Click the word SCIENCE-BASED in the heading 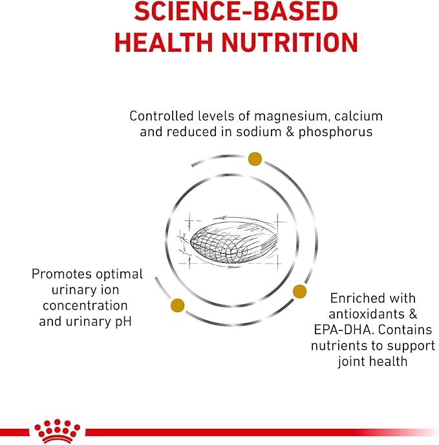click(x=236, y=12)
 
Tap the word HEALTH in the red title click(x=164, y=42)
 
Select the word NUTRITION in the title click(x=290, y=42)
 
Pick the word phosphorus click(x=336, y=132)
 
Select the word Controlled click(x=162, y=116)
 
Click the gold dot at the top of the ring click(x=255, y=159)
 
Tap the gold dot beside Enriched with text click(x=299, y=291)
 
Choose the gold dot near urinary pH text click(x=178, y=306)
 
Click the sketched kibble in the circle click(x=233, y=241)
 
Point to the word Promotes click(x=61, y=274)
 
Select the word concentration click(x=85, y=306)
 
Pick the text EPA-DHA click(x=343, y=330)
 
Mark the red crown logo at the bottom click(x=57, y=431)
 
